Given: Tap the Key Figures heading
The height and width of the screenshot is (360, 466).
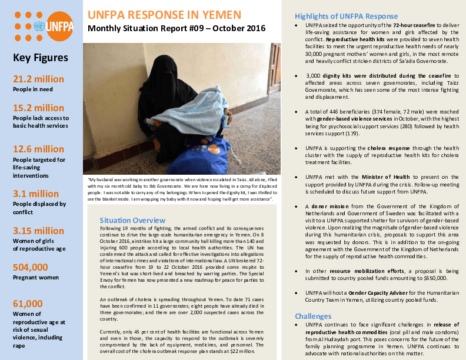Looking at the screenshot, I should [40, 58].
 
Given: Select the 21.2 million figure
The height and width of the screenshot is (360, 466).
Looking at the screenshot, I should [38, 79].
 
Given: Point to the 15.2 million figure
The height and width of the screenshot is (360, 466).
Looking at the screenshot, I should [38, 108].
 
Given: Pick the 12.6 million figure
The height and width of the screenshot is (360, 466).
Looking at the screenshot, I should [38, 149].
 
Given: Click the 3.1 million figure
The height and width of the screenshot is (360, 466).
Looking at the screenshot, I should [36, 194].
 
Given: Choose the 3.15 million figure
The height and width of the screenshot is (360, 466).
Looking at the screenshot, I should [38, 231].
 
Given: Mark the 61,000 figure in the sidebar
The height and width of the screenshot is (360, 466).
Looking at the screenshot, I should [28, 304].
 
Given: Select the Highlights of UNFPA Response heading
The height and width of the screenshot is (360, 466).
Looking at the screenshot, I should [346, 16].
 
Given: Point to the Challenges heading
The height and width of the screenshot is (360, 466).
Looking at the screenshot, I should [313, 315].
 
